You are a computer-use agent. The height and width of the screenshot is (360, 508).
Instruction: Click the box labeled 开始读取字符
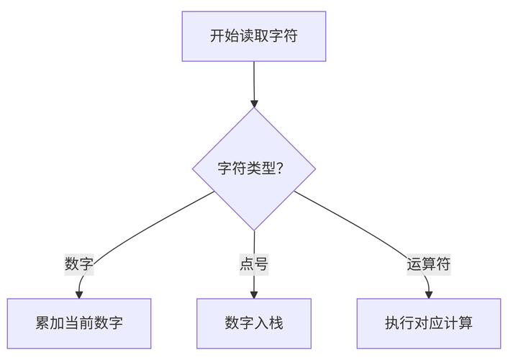pos(253,36)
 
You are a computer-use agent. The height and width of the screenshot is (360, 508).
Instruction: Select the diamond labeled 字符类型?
pos(253,169)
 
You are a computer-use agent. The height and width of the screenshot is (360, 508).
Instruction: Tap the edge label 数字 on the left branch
pos(79,264)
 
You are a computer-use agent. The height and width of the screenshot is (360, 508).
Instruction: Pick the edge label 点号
pos(253,264)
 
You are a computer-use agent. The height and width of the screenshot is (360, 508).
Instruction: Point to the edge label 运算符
pos(429,264)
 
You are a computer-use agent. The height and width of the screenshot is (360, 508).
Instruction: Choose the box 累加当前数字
pos(79,323)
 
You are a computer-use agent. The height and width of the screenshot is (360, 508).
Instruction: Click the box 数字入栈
pos(253,323)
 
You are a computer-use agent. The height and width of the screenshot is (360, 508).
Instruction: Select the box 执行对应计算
pos(429,323)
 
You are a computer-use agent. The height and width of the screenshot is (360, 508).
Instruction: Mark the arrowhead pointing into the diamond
pos(254,103)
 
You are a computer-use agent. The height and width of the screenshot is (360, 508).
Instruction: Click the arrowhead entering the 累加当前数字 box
pos(80,294)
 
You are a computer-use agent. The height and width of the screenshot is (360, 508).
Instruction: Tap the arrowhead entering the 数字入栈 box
pos(254,294)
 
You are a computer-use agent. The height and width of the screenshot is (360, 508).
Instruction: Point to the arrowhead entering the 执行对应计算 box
pos(429,294)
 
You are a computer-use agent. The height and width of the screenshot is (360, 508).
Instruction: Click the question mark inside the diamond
pos(279,169)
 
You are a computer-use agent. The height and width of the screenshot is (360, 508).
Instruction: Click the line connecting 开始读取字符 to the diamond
pos(254,79)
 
